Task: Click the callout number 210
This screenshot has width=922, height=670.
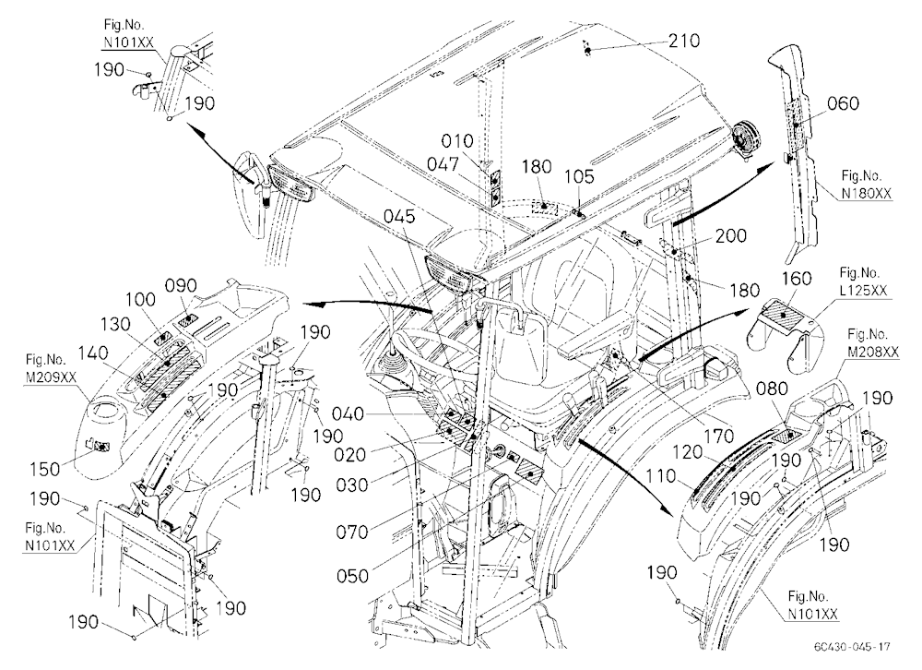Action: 684,41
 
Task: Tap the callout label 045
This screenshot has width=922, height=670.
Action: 399,216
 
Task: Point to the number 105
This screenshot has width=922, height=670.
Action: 579,176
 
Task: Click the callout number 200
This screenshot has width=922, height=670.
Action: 731,236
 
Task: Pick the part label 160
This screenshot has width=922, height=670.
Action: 797,279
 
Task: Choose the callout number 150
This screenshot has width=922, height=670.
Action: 44,469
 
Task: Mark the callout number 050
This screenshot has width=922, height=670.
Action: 352,576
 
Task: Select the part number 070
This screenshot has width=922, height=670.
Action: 351,532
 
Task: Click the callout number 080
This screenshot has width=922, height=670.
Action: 772,389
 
